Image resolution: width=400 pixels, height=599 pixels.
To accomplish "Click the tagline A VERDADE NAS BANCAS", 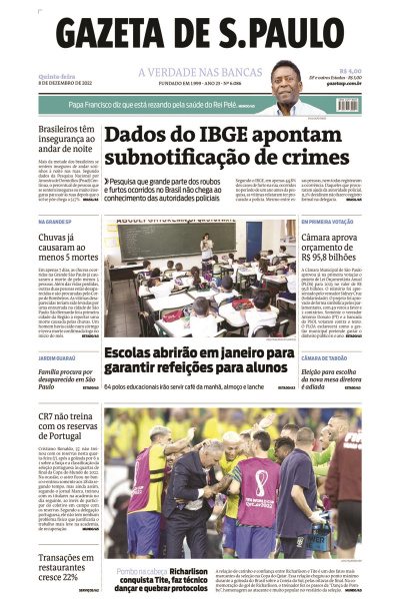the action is [x=199, y=71].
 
